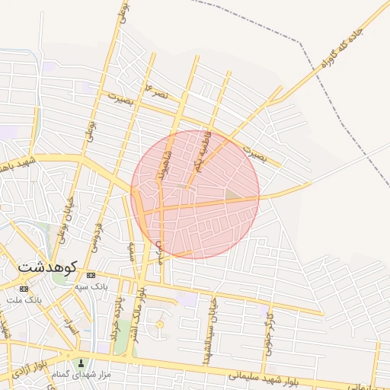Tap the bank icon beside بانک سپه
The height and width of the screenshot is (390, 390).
point(91,275)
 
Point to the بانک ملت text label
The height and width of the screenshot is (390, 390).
point(24,299)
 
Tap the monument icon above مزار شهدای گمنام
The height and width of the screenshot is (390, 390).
point(82,363)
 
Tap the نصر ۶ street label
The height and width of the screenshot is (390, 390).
point(158,92)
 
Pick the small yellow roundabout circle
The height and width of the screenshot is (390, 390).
point(159,325)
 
